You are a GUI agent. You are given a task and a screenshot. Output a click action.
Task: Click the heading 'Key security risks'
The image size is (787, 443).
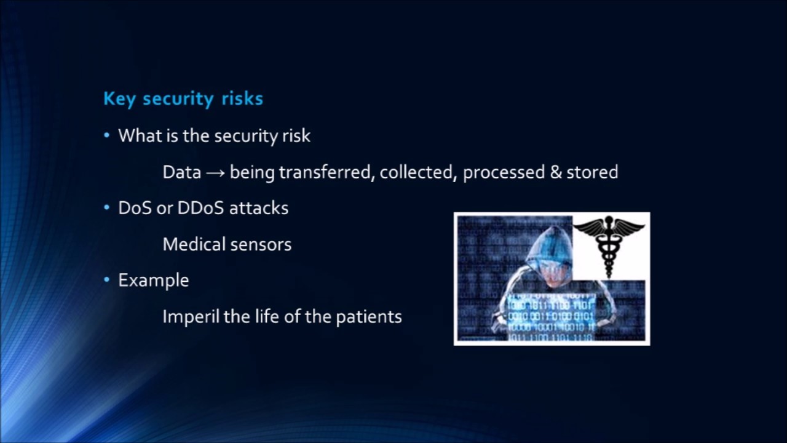(x=183, y=99)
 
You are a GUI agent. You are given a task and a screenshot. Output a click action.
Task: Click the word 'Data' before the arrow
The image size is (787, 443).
(x=181, y=172)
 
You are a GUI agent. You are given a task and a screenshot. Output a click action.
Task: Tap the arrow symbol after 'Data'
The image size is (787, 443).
(x=215, y=173)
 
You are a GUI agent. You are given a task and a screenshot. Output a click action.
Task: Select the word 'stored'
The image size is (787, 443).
(x=593, y=172)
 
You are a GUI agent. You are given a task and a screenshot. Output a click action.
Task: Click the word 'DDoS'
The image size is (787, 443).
(x=200, y=208)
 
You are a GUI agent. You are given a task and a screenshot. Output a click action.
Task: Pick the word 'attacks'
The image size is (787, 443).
(x=259, y=208)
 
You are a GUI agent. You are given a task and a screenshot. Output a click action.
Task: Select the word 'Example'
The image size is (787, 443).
(x=154, y=281)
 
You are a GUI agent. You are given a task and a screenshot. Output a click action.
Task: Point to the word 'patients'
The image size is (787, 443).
(x=368, y=317)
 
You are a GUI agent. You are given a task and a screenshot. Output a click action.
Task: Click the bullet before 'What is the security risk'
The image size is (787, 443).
(x=107, y=135)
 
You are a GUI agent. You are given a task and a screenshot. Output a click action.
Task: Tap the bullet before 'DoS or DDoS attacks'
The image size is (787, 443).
(x=107, y=208)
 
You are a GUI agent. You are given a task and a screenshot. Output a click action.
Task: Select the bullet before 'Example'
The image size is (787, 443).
(x=107, y=280)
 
